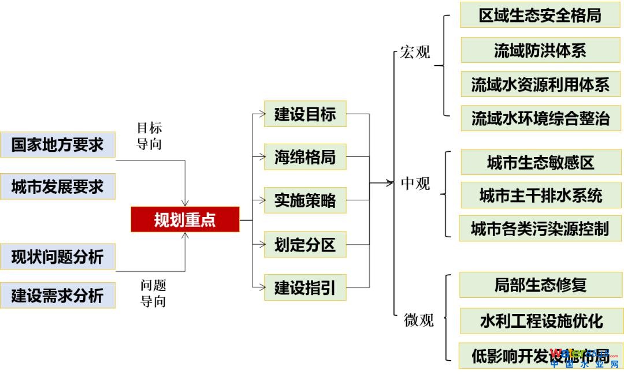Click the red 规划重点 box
185,220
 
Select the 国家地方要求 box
57,144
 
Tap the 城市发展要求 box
57,186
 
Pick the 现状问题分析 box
57,257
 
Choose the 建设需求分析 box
57,296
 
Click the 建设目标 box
304,114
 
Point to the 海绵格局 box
304,157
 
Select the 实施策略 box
304,201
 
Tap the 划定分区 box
304,245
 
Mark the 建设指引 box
304,287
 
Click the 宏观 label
415,53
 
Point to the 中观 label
415,184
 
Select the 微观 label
418,320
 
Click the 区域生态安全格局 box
540,15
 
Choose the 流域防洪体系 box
540,50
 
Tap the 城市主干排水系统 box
540,195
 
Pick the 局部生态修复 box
540,285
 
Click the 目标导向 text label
149,136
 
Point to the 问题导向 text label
153,293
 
